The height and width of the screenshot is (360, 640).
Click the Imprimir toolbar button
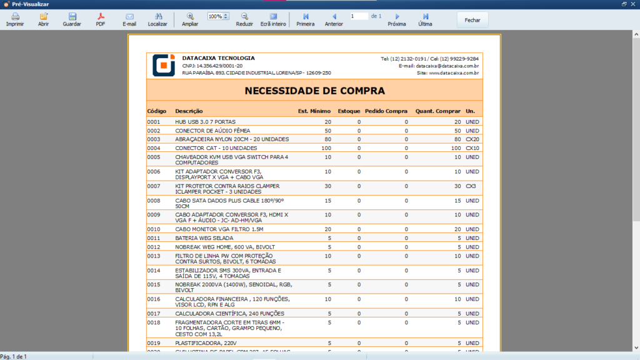tap(15, 19)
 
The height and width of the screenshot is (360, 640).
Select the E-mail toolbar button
tap(129, 19)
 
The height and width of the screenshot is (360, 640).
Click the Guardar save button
tap(72, 19)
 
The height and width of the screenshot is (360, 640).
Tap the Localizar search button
tap(157, 19)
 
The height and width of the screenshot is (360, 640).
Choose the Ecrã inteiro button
tap(273, 19)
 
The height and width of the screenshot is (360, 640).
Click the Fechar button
tap(472, 20)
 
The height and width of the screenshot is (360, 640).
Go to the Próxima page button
tap(397, 19)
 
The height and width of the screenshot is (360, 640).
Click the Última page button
tap(425, 19)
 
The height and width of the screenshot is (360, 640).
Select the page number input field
tap(359, 16)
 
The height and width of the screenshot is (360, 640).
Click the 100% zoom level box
tap(216, 16)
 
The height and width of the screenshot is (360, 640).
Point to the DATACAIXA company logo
tap(164, 65)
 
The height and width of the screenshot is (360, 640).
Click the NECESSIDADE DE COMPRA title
tap(314, 91)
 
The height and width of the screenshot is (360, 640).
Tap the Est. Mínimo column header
tap(314, 111)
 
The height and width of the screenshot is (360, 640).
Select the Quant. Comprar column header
tap(437, 111)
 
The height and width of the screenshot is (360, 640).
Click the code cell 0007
tap(154, 186)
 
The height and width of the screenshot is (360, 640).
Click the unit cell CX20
tap(472, 139)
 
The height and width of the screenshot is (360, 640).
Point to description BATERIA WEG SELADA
tap(205, 238)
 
